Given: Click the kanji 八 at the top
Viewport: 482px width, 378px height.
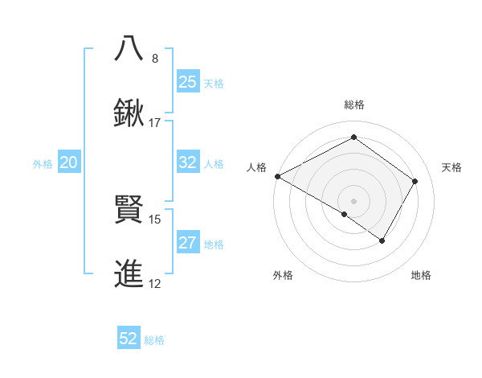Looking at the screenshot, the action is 129,48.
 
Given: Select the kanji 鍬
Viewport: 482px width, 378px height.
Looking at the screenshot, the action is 129,113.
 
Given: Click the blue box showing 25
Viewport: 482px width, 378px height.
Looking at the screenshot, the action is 188,82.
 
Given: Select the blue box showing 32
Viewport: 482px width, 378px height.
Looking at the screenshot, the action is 188,162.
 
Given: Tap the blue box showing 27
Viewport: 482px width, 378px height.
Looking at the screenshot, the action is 188,243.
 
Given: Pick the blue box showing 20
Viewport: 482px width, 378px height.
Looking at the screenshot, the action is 69,163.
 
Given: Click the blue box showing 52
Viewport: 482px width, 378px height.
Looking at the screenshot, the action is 129,339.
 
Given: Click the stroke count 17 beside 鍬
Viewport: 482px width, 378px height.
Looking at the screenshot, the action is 155,123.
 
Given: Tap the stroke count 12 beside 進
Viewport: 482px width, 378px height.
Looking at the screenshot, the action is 155,284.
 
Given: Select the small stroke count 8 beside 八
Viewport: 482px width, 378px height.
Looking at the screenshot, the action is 155,59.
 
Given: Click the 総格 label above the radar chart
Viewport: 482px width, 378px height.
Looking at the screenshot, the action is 353,105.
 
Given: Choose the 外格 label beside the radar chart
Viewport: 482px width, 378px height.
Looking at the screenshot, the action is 283,275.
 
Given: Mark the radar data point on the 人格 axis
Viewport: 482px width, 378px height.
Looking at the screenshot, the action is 277,176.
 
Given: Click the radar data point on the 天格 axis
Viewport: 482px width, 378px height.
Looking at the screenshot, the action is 415,181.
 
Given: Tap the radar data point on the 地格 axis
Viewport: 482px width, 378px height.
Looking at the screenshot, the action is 382,240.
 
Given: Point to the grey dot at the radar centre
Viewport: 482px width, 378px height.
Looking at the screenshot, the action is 353,200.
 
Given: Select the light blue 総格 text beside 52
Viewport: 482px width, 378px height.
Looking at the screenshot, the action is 154,340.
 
